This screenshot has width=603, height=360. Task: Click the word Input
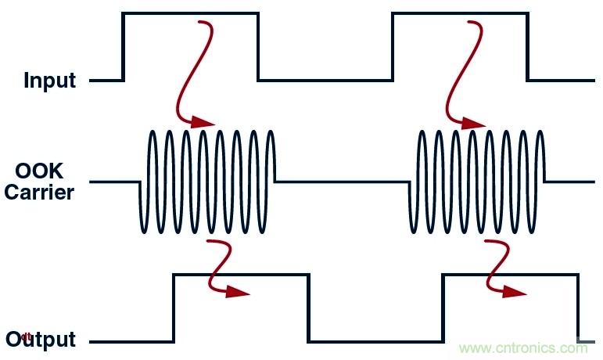click(x=49, y=80)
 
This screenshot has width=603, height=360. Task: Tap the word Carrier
click(x=38, y=192)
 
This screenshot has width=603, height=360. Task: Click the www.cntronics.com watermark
click(x=523, y=347)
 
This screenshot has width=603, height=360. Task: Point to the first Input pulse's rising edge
click(x=124, y=47)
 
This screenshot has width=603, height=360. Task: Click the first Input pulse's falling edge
click(x=258, y=47)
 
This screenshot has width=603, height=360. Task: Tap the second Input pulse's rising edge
click(x=393, y=47)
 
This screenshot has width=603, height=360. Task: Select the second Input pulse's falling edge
click(x=527, y=47)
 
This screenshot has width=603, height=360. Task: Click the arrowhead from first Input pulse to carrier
click(x=205, y=123)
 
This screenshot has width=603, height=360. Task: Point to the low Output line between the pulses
click(x=375, y=342)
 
